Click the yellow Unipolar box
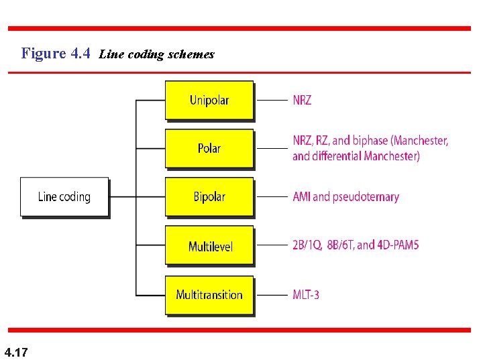tap(209, 100)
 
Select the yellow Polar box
tap(209, 148)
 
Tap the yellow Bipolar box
tap(209, 196)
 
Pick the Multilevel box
tap(209, 246)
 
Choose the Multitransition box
tap(209, 294)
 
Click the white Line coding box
tap(64, 196)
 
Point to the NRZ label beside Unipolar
tap(302, 100)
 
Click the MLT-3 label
tap(306, 294)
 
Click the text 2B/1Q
tap(307, 245)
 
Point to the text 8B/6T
tap(341, 245)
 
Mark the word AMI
tap(302, 196)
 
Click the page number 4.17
tap(16, 352)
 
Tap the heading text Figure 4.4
tap(56, 54)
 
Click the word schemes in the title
tap(193, 54)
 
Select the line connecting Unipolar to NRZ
tap(272, 101)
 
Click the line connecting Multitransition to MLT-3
tap(272, 294)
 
